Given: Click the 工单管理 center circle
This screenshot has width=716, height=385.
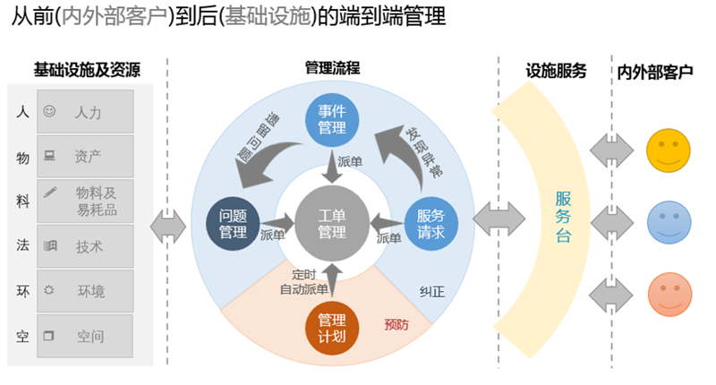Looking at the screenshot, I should [x=332, y=223].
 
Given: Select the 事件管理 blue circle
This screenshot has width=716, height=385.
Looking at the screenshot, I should [x=332, y=119].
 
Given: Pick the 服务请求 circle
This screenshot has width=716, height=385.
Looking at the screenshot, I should [x=437, y=223].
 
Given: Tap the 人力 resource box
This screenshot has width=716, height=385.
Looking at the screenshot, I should [x=85, y=112].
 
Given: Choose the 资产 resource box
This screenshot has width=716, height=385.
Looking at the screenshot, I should [x=85, y=156].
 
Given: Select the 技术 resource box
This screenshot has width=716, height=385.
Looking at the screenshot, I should [x=85, y=246].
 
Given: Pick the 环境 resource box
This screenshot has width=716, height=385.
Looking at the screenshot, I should [x=85, y=291].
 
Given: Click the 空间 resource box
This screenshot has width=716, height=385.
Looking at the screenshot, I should [x=85, y=337].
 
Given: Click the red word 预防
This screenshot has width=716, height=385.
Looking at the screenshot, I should [x=396, y=325].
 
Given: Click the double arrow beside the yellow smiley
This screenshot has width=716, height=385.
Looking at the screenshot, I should [x=612, y=149].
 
